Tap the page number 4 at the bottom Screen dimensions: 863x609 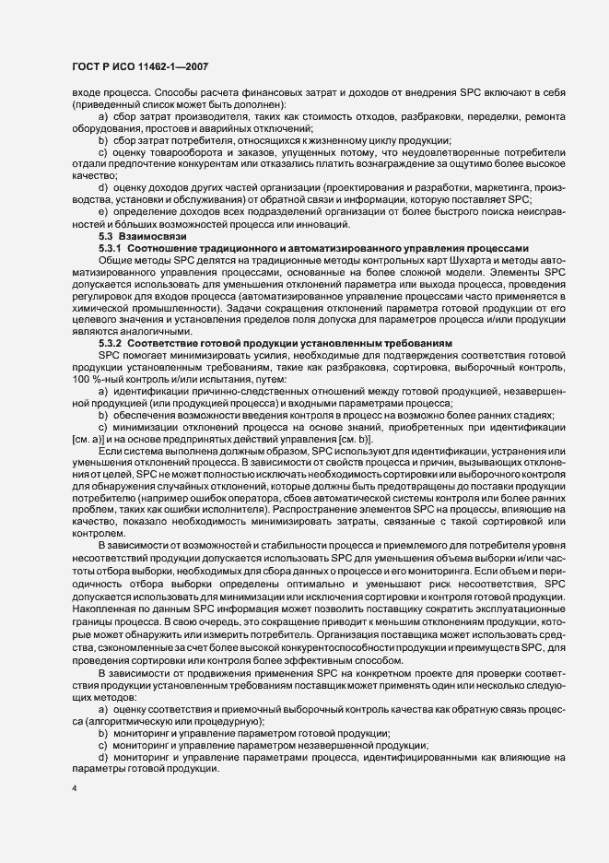coord(76,789)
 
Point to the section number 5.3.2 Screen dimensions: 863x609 coord(110,343)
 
